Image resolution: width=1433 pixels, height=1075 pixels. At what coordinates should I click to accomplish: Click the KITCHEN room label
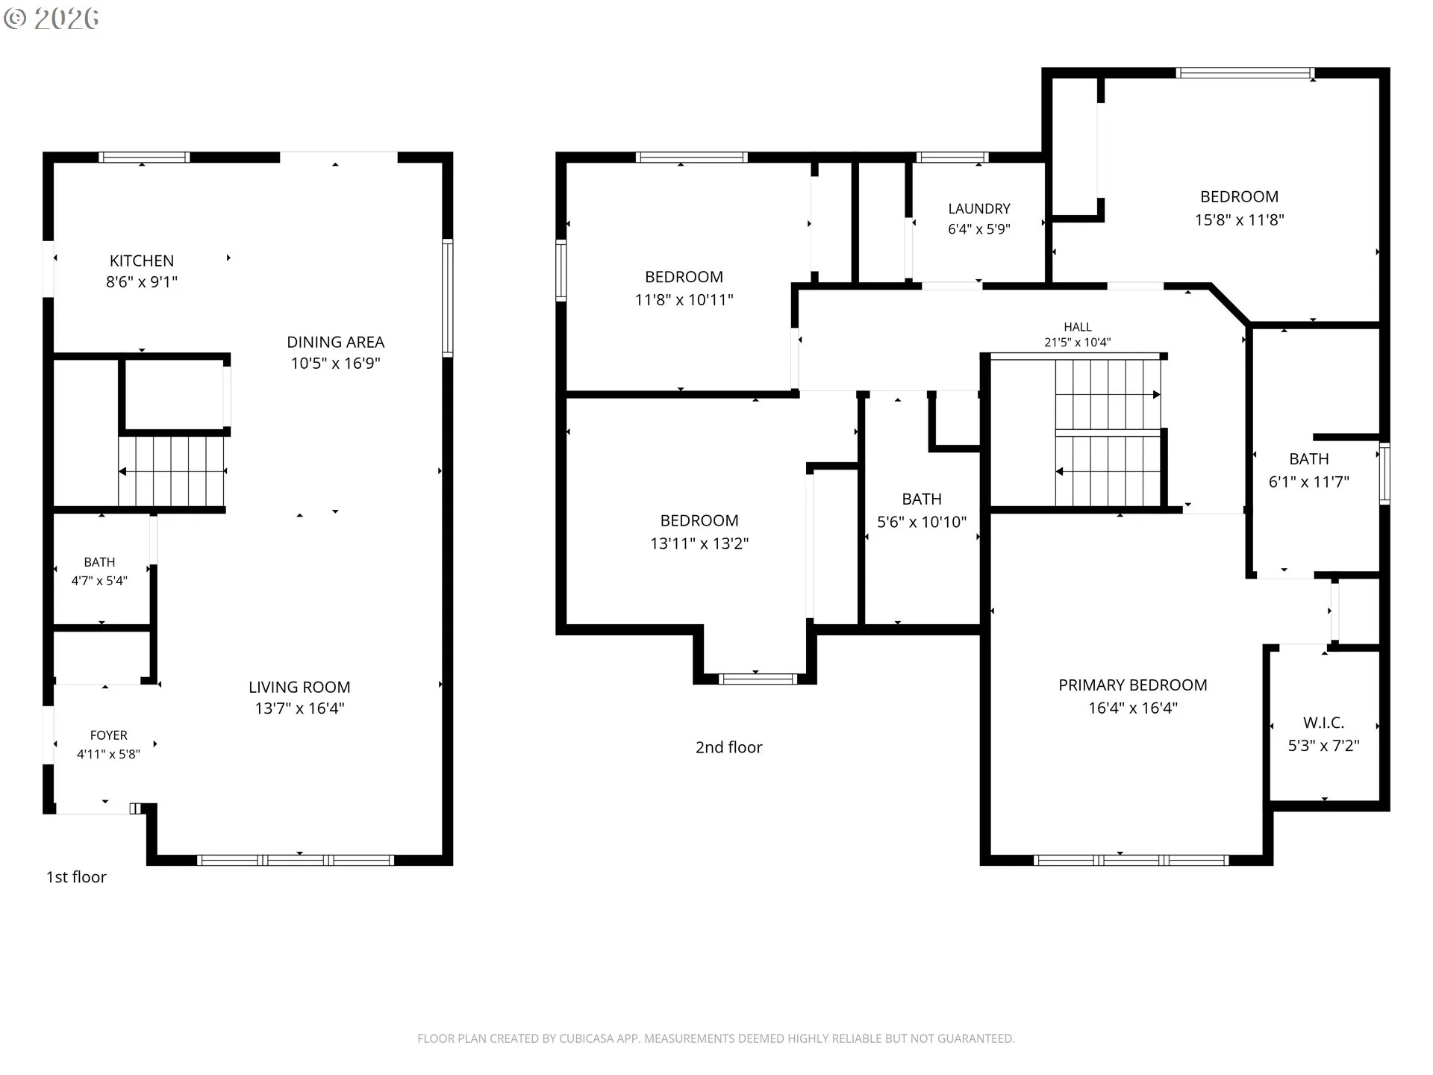pyautogui.click(x=142, y=261)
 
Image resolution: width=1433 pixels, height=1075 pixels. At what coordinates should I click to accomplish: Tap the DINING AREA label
pyautogui.click(x=336, y=342)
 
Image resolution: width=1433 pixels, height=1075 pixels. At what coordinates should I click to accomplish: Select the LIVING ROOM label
pyautogui.click(x=299, y=687)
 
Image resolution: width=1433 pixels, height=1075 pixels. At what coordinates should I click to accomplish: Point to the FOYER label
pyautogui.click(x=109, y=735)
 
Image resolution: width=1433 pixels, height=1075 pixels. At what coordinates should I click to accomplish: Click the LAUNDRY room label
pyautogui.click(x=979, y=209)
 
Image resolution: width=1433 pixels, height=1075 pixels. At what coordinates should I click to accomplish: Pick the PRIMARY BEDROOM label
pyautogui.click(x=1133, y=685)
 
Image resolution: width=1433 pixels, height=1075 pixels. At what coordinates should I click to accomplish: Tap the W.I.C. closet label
pyautogui.click(x=1324, y=723)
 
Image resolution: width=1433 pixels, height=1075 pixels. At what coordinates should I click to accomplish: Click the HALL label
pyautogui.click(x=1078, y=327)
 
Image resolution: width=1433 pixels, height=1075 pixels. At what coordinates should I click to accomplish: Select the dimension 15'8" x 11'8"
pyautogui.click(x=1240, y=220)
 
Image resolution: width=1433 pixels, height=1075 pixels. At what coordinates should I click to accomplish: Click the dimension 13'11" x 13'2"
pyautogui.click(x=699, y=543)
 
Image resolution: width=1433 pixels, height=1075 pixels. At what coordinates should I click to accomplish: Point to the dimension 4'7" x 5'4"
pyautogui.click(x=99, y=581)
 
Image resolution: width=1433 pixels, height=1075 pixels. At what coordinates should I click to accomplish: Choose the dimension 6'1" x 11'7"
pyautogui.click(x=1309, y=482)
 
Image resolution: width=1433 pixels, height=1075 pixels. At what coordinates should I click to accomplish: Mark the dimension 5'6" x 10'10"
pyautogui.click(x=922, y=523)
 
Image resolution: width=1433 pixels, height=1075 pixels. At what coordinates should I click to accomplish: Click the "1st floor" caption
pyautogui.click(x=76, y=877)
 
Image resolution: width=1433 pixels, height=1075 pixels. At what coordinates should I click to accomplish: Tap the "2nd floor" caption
pyautogui.click(x=729, y=747)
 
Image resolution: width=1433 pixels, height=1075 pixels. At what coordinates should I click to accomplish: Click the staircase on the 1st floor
pyautogui.click(x=172, y=472)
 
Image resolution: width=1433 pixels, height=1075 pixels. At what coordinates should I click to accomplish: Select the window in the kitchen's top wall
pyautogui.click(x=144, y=158)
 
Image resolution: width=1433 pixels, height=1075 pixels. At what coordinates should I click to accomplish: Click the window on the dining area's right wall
pyautogui.click(x=448, y=298)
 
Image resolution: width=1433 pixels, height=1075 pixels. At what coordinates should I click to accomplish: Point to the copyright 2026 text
pyautogui.click(x=51, y=19)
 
